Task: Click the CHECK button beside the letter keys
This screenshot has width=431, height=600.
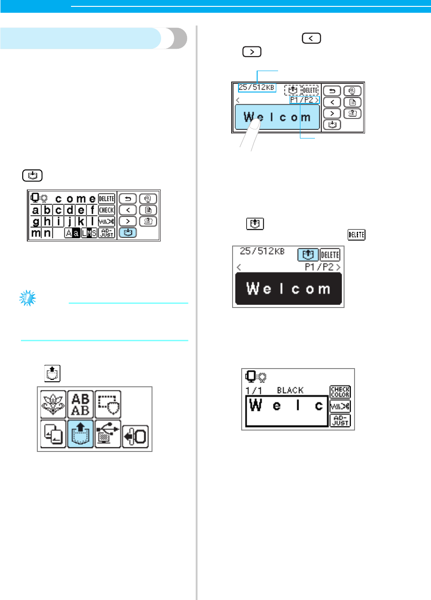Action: click(x=106, y=210)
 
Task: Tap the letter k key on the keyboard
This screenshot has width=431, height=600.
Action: click(x=81, y=221)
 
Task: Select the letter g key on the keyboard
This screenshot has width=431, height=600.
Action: click(x=36, y=221)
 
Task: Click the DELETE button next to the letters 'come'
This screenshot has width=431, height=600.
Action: click(x=106, y=199)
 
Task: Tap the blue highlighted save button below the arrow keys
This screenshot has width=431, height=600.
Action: click(x=128, y=232)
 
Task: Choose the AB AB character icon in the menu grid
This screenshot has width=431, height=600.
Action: click(x=81, y=404)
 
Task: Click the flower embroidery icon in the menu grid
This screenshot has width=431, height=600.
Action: click(x=53, y=404)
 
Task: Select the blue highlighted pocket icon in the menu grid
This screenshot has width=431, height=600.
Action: click(x=81, y=434)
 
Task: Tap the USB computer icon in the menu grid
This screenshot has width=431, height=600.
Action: click(x=108, y=434)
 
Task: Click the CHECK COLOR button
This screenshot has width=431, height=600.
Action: click(x=340, y=392)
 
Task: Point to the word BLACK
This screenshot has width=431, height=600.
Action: click(x=290, y=390)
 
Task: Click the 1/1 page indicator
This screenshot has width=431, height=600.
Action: click(x=254, y=390)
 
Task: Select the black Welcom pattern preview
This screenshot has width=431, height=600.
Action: click(x=288, y=288)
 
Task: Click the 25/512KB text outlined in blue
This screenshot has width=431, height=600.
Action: click(x=257, y=87)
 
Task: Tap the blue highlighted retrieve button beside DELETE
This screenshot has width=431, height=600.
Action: click(x=308, y=255)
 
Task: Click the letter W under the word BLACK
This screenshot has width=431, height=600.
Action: click(x=256, y=405)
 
